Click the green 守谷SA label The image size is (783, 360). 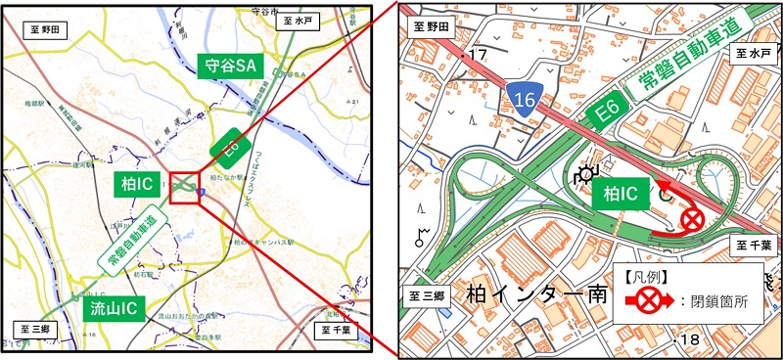click(x=231, y=67)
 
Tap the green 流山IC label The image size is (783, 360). click(x=115, y=308)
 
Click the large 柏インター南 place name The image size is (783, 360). click(x=537, y=293)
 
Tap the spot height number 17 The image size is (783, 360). click(x=477, y=56)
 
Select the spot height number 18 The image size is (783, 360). click(x=691, y=339)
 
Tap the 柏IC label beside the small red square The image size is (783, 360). click(x=136, y=183)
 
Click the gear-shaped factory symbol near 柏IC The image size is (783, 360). click(x=586, y=176)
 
